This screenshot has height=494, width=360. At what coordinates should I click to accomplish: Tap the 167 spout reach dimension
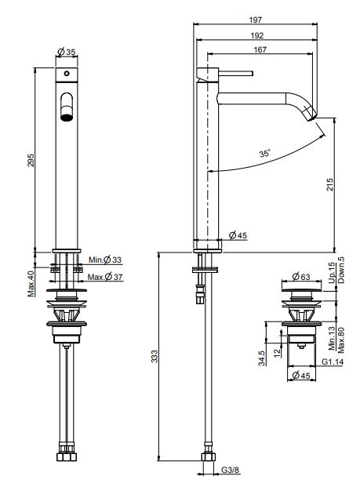(260, 50)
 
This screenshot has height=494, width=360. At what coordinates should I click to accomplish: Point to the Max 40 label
(31, 285)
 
